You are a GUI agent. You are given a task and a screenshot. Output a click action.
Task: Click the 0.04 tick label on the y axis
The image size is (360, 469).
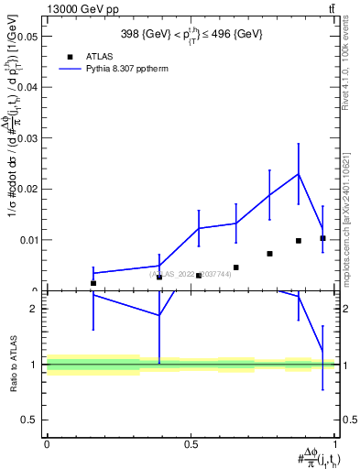(29, 88)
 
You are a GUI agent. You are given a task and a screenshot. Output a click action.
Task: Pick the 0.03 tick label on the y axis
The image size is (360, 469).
(29, 138)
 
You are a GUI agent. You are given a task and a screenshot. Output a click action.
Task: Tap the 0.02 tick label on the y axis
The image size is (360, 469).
(29, 189)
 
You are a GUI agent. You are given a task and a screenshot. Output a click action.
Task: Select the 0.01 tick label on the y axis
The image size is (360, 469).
(29, 240)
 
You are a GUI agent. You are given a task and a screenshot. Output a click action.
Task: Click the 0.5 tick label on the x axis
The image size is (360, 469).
(191, 444)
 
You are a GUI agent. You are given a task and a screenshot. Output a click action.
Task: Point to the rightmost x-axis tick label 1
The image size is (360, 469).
(335, 444)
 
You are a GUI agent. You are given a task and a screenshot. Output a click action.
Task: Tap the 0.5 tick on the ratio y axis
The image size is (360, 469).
(35, 420)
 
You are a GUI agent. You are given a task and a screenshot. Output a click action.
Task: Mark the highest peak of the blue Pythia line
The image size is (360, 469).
(298, 174)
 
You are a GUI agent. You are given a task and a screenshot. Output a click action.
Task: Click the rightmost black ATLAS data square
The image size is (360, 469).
(322, 238)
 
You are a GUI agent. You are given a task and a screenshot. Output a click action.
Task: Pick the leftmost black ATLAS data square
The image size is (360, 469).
(93, 283)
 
